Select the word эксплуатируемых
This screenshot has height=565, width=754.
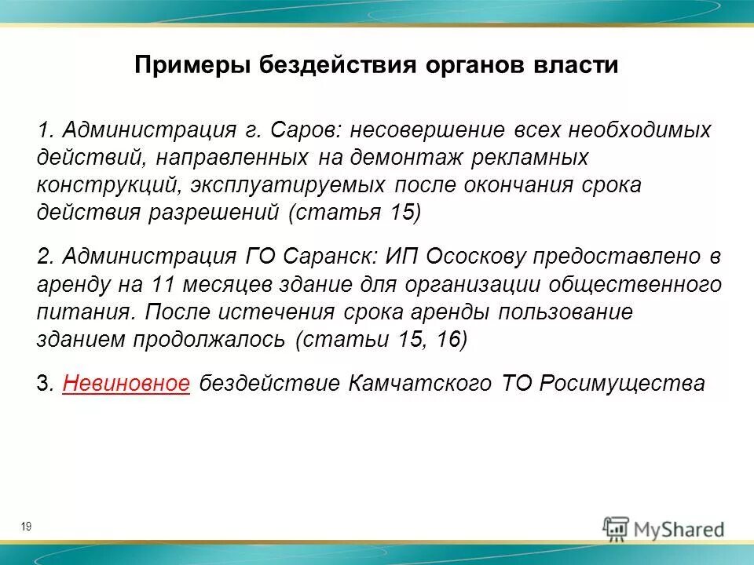point(287,185)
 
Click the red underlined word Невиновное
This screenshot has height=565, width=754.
point(126,383)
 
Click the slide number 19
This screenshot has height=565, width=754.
point(27,527)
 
